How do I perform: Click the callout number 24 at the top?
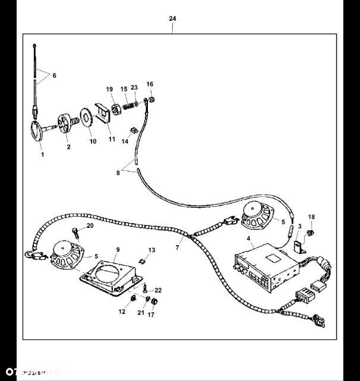(x=172, y=19)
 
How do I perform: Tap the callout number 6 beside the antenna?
(x=55, y=76)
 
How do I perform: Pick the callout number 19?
(x=109, y=89)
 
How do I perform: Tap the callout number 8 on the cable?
(x=119, y=173)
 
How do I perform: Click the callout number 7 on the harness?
(x=177, y=246)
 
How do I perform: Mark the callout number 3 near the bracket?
(x=299, y=226)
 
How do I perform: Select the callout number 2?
(x=68, y=147)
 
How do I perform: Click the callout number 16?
(x=150, y=84)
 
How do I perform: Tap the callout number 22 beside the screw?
(x=158, y=290)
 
